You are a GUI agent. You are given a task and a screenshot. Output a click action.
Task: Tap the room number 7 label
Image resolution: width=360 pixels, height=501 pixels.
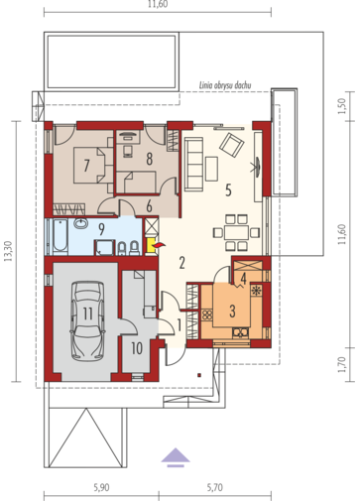88,165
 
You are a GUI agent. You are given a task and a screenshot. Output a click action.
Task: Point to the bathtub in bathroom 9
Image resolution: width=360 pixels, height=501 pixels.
61,237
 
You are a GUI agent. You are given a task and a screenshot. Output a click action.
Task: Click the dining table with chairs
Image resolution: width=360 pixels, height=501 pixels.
234,230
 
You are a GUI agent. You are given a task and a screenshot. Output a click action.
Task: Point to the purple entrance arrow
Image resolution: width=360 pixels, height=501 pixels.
176,456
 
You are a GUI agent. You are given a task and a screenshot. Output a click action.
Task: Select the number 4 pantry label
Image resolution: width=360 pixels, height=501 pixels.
243,279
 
